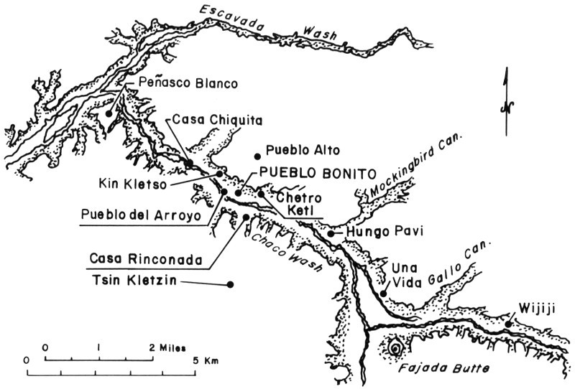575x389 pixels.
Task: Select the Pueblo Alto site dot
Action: coord(257,155)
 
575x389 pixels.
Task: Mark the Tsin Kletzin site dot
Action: coord(230,285)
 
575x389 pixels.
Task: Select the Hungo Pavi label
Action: coord(379,232)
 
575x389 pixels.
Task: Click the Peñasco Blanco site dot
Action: coord(109,113)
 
